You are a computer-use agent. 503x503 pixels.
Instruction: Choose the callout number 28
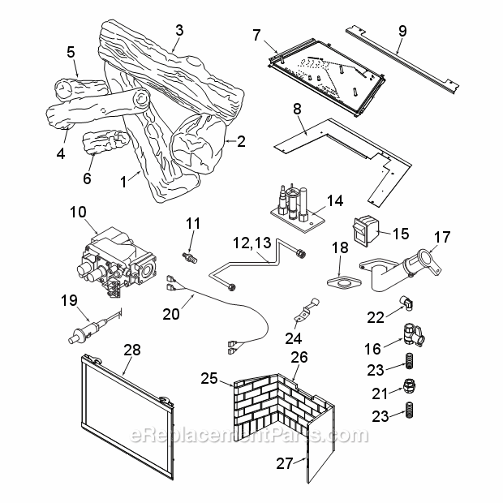pyautogui.click(x=132, y=350)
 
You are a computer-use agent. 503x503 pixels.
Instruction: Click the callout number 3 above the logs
pyautogui.click(x=179, y=30)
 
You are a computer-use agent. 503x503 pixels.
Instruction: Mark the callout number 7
pyautogui.click(x=256, y=34)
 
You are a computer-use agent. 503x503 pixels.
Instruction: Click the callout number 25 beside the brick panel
pyautogui.click(x=210, y=379)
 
